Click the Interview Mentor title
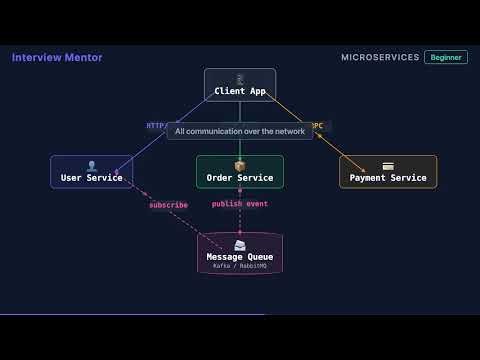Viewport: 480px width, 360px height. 57,57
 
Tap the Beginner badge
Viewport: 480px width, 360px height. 445,57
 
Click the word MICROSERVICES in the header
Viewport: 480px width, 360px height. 380,57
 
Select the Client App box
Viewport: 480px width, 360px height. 239,85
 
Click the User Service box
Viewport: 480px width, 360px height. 91,172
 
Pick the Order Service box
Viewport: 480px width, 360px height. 239,172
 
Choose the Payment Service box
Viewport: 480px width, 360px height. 388,172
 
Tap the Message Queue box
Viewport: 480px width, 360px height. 239,253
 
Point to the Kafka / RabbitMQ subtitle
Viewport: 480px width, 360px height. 239,266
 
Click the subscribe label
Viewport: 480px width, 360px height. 168,205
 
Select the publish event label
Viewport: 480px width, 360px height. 239,203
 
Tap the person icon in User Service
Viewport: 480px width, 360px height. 91,165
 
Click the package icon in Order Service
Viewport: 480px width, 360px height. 239,165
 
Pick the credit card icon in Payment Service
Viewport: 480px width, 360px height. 388,165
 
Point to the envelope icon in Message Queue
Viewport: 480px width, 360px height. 239,245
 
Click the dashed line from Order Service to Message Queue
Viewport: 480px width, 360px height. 239,220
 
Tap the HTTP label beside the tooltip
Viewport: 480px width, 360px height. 156,126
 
